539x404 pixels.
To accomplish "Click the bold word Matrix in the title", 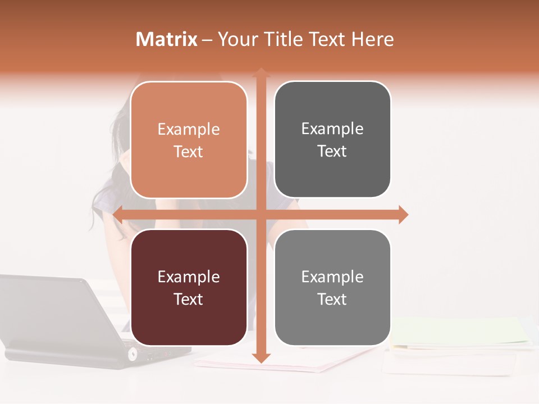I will click(167, 39).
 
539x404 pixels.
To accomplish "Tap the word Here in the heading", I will click(372, 39).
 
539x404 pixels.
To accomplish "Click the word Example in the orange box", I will click(189, 130).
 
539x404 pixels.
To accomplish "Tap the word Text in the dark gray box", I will click(332, 151).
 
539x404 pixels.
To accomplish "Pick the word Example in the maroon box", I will click(189, 277).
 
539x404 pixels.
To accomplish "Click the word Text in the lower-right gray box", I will click(332, 300).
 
